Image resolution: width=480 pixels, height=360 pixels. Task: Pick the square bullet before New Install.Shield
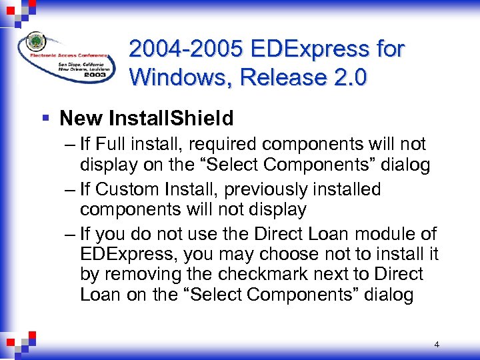[45, 119]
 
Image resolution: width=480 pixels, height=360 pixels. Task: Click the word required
[217, 144]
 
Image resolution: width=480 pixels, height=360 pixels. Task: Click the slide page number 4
[436, 345]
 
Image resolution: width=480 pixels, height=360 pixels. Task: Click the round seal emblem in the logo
[35, 41]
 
